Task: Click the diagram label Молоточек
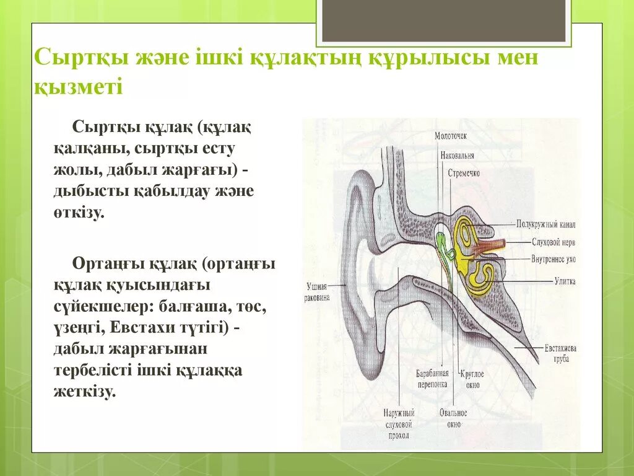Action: coord(450,135)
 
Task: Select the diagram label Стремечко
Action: coord(464,173)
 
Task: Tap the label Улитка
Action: coord(565,281)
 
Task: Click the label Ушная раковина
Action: coord(318,291)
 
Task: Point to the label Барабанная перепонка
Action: coord(432,379)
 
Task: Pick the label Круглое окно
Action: coord(472,379)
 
